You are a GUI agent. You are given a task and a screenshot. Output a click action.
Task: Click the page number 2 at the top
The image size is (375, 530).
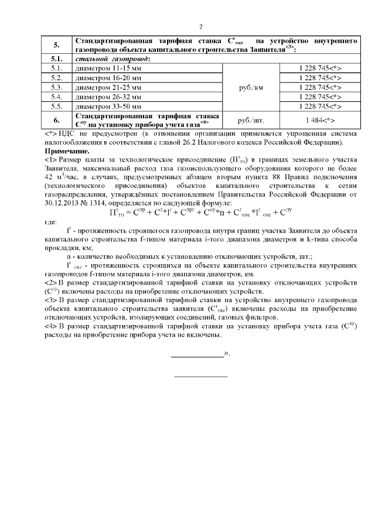tap(200, 27)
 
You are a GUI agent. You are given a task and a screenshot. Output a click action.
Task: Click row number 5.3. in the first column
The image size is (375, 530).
tap(56, 87)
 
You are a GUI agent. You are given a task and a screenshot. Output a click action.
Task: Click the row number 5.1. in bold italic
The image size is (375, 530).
tap(56, 59)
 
